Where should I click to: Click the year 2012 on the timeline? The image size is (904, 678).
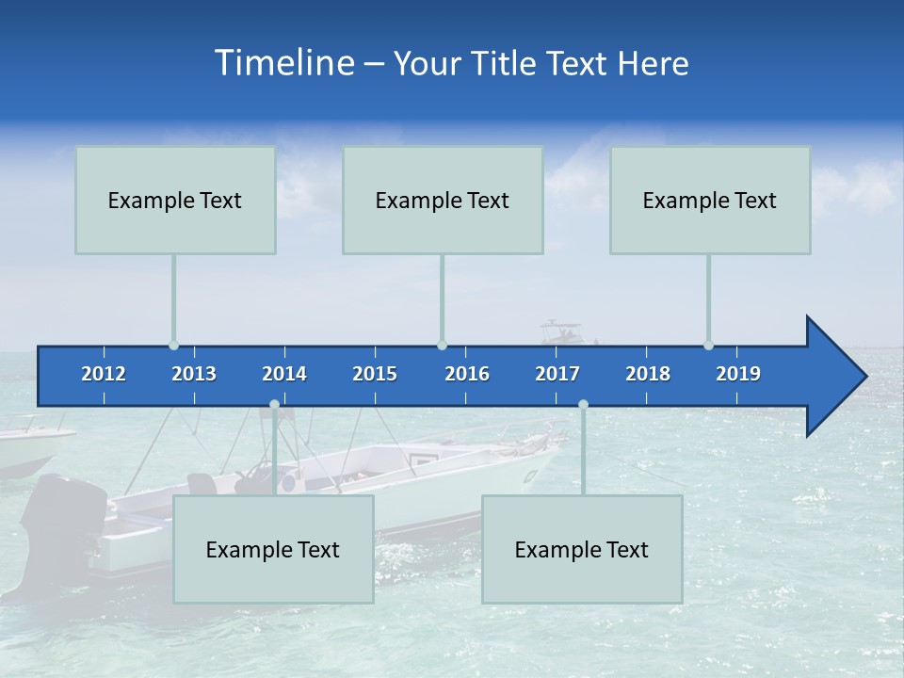click(x=104, y=374)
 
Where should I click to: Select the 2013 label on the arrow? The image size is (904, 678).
click(x=194, y=374)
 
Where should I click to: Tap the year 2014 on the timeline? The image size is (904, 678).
click(x=284, y=374)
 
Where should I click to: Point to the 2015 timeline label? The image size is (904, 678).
click(x=375, y=374)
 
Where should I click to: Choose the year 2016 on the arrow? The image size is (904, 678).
click(x=467, y=374)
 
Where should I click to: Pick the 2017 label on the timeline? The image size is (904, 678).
click(x=557, y=374)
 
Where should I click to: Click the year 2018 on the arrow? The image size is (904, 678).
click(x=648, y=374)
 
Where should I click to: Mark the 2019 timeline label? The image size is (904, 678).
click(x=738, y=374)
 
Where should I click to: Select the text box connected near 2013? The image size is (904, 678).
click(x=175, y=200)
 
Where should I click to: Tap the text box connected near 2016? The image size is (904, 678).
click(x=443, y=200)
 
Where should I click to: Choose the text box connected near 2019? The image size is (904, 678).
click(x=710, y=200)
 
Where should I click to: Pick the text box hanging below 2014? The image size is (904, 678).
click(x=273, y=549)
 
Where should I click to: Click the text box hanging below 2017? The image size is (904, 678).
click(x=582, y=549)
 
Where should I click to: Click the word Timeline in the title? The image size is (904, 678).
click(x=282, y=63)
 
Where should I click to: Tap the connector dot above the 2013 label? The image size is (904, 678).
click(x=173, y=345)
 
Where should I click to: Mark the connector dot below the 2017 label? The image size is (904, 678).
click(x=583, y=404)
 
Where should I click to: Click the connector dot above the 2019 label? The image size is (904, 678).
click(x=708, y=345)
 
